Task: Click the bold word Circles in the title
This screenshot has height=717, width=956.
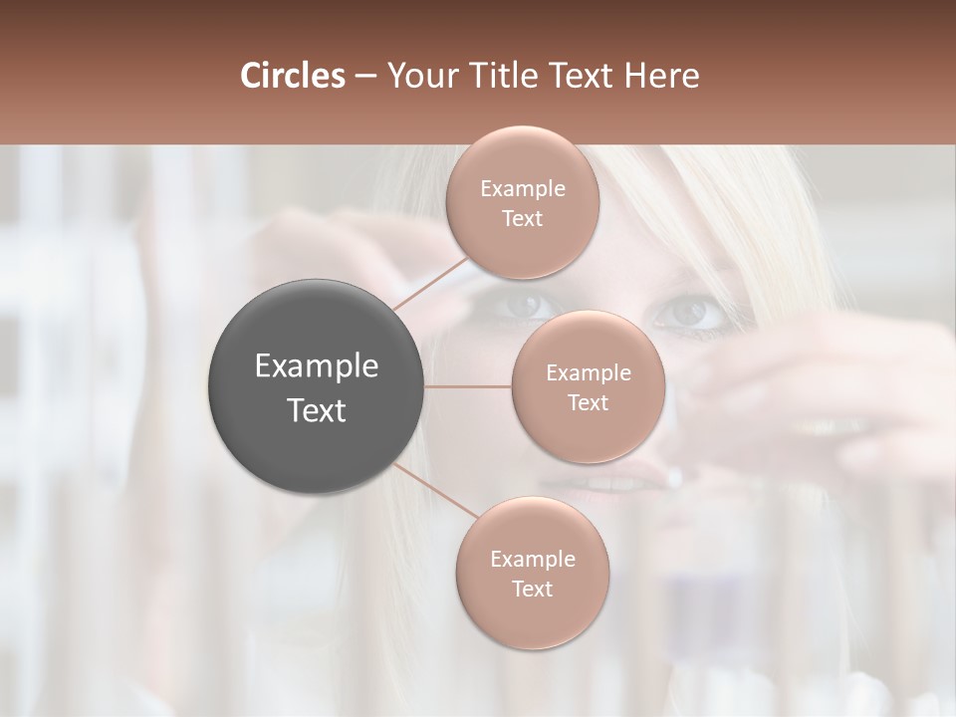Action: coord(293,76)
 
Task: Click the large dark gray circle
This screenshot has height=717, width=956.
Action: coord(316,386)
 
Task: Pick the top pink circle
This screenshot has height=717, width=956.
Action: coord(522,203)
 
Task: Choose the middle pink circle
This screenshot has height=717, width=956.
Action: coord(588,386)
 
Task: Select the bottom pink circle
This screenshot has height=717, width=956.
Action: coord(532,574)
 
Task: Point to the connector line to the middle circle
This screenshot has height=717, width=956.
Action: coord(468,386)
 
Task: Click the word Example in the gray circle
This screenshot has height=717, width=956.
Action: coord(316,366)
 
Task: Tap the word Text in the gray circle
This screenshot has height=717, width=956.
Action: coord(316,410)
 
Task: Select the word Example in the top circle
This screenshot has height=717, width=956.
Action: coord(522,188)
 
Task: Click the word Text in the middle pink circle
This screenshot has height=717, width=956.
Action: coord(588,402)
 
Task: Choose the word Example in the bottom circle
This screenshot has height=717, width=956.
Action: coord(532,559)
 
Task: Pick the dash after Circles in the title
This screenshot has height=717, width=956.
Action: coord(364,76)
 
